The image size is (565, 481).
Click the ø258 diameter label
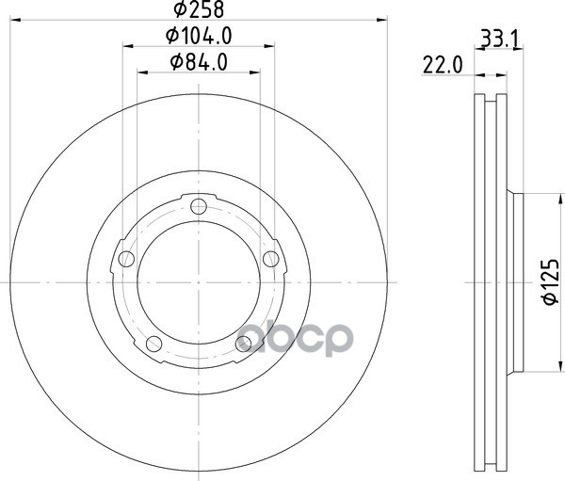pyautogui.click(x=199, y=9)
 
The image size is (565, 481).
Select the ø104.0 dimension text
pyautogui.click(x=199, y=36)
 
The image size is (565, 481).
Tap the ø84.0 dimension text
pyautogui.click(x=199, y=62)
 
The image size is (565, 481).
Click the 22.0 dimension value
pyautogui.click(x=443, y=66)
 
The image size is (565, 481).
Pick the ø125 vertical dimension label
pyautogui.click(x=551, y=282)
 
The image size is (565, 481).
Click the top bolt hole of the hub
pyautogui.click(x=199, y=206)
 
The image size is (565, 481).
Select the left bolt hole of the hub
pyautogui.click(x=126, y=259)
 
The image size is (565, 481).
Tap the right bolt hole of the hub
pyautogui.click(x=271, y=259)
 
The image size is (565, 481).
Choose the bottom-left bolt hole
pyautogui.click(x=153, y=344)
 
